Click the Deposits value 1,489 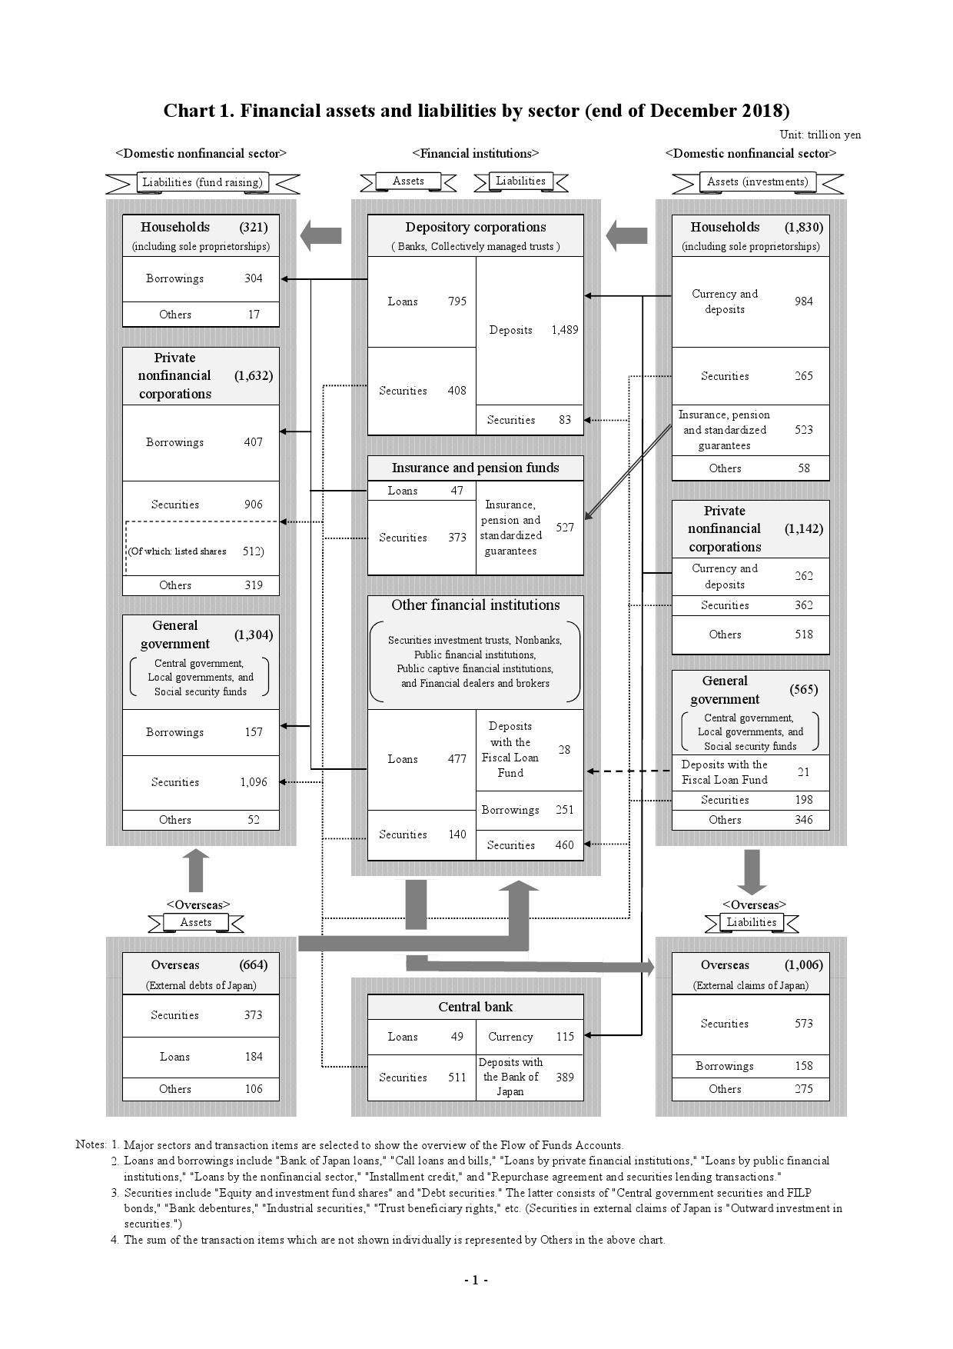pos(564,330)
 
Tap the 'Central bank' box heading pos(475,1007)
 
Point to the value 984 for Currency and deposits pos(803,301)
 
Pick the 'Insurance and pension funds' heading pos(475,468)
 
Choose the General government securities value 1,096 pos(253,782)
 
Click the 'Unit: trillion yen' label pos(820,135)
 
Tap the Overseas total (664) pos(253,965)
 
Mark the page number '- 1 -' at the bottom pos(476,1280)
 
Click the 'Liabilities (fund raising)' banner pos(202,182)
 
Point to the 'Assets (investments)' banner pos(757,182)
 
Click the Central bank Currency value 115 pos(565,1037)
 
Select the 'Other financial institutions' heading pos(475,605)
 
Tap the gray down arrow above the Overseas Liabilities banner pos(752,872)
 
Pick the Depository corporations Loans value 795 pos(457,301)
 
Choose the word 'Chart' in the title pos(188,111)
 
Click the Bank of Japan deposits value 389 pos(565,1078)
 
